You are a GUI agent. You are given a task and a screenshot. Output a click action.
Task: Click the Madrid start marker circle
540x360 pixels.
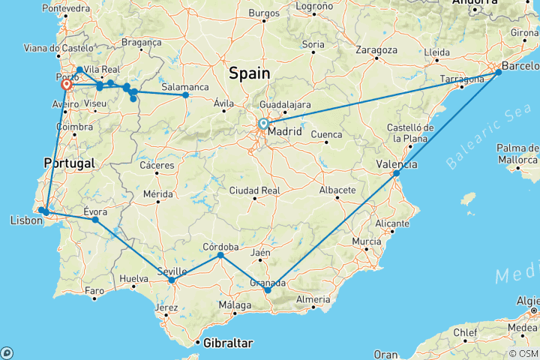coord(263,124)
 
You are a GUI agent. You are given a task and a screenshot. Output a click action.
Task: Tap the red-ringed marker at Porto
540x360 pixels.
coord(67,85)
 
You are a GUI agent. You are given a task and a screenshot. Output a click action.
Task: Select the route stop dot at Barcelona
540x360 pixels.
coord(499,72)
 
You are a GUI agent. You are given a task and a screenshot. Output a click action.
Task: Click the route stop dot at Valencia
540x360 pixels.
coord(397,173)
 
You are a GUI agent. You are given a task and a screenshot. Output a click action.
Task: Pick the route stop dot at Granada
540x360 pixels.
coord(268,289)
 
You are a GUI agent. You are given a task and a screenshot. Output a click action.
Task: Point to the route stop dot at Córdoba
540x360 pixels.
coord(220,256)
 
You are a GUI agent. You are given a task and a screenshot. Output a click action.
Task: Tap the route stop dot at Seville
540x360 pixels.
coord(172,280)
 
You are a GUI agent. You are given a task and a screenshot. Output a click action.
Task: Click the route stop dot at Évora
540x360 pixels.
coord(95,220)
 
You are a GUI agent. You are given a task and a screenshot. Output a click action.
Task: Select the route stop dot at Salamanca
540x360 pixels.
coord(186,95)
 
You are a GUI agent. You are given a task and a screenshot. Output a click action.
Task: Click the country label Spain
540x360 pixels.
coord(249,73)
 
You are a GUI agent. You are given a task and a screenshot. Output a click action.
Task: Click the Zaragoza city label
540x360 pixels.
coord(376,50)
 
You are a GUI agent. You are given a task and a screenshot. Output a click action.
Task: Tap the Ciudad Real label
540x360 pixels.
coord(255,190)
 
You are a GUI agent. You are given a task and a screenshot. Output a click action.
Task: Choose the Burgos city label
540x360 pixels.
coord(263,13)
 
